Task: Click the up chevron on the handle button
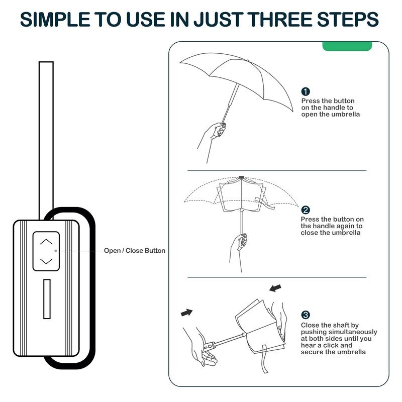[46, 242]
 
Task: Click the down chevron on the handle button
[46, 261]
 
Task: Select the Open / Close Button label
[134, 251]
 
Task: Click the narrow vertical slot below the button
[46, 298]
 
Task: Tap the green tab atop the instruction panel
[347, 46]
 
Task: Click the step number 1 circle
[306, 91]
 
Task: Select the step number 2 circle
[306, 210]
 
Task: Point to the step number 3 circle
[306, 315]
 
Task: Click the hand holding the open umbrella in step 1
[214, 135]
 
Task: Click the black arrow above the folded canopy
[275, 288]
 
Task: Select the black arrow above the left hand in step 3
[186, 313]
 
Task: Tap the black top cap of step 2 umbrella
[242, 177]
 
